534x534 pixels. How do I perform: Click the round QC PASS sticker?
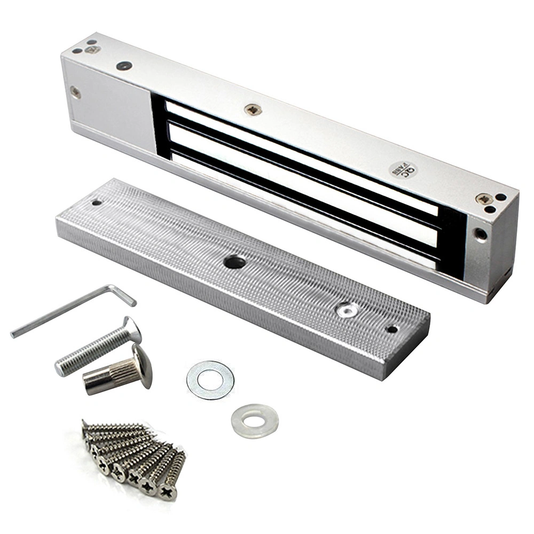(x=403, y=169)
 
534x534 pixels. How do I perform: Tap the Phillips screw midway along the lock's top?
(x=253, y=109)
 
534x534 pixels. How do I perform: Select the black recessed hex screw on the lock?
(x=124, y=66)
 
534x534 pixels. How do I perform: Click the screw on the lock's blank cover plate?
(x=75, y=93)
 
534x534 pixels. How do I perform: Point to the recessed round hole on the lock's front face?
(x=481, y=233)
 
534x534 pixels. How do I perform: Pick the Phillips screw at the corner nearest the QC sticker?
(x=485, y=199)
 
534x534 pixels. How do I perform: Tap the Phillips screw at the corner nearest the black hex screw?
(x=92, y=50)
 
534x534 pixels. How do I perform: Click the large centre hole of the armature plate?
(x=235, y=262)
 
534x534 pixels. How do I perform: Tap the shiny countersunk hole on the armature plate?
(x=348, y=309)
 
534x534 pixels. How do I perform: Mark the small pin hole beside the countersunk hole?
(x=392, y=329)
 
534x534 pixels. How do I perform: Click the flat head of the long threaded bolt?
(x=132, y=329)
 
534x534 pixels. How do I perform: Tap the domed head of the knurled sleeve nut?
(x=143, y=366)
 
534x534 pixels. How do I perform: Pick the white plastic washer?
(x=255, y=421)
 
